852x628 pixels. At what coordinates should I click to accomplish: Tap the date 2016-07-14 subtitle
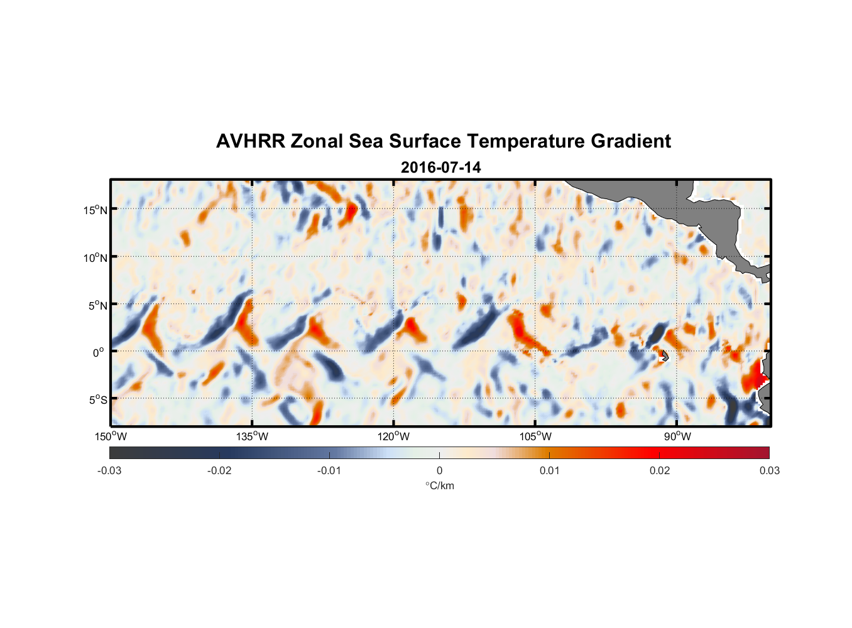(440, 168)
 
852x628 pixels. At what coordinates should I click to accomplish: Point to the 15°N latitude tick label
(95, 210)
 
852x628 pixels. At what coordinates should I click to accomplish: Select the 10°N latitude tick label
(95, 257)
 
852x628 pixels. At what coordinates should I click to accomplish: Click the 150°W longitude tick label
(111, 436)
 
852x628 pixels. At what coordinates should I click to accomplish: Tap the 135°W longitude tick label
(253, 436)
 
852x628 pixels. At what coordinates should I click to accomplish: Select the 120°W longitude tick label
(394, 436)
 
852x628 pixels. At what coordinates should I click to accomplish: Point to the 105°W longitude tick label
(535, 436)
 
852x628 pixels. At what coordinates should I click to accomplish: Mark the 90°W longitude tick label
(677, 436)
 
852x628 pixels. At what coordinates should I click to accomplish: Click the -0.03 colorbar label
(109, 470)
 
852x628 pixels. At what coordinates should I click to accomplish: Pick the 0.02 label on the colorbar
(660, 470)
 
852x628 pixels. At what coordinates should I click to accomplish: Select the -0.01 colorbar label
(329, 470)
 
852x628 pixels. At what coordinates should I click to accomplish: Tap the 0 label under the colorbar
(439, 470)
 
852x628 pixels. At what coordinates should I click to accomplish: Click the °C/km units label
(439, 485)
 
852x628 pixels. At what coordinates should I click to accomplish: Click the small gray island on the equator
(665, 356)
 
